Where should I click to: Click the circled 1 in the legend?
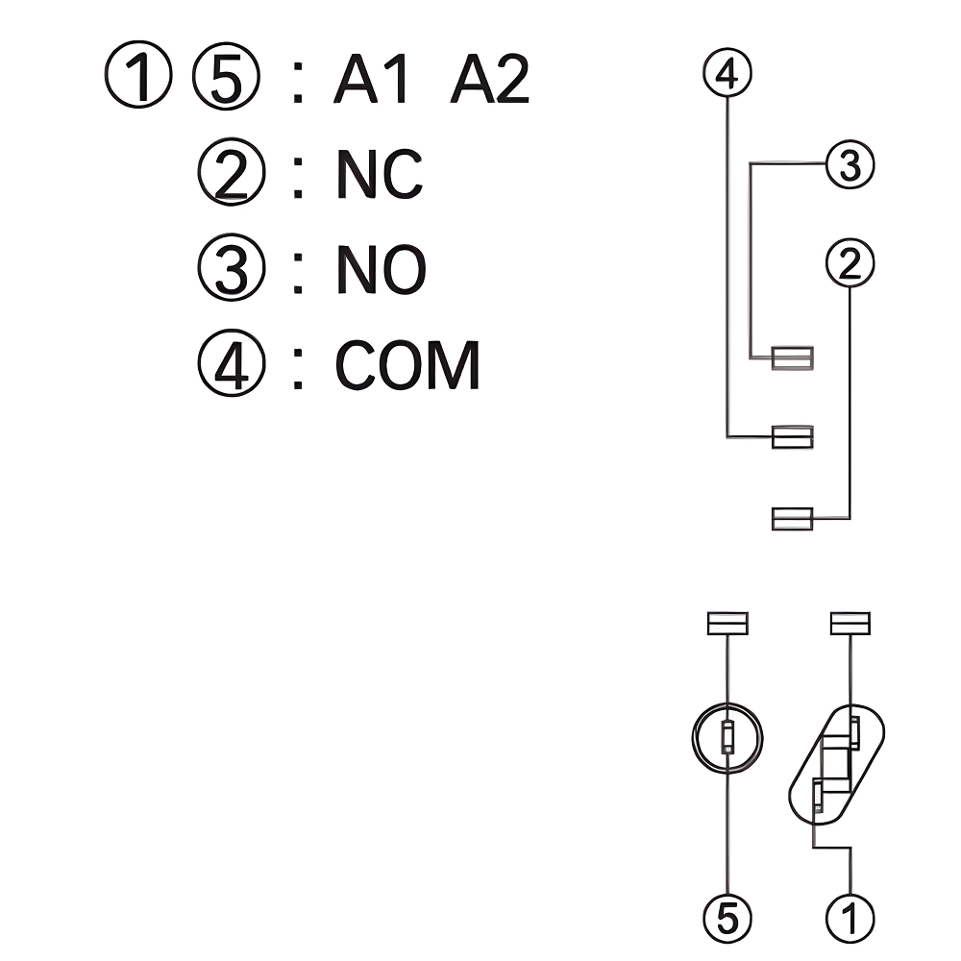point(138,79)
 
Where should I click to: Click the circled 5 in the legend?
point(226,79)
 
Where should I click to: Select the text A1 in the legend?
point(373,80)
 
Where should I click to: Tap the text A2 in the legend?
point(490,80)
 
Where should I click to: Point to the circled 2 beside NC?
point(230,174)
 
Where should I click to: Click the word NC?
point(379,174)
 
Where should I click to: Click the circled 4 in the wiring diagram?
point(727,73)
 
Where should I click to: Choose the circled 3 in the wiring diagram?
point(850,165)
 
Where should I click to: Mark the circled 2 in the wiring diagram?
point(850,264)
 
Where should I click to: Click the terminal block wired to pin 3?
point(793,358)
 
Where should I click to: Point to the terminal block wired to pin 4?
point(793,436)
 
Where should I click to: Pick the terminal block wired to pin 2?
point(793,519)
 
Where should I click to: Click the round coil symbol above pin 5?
point(727,737)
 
